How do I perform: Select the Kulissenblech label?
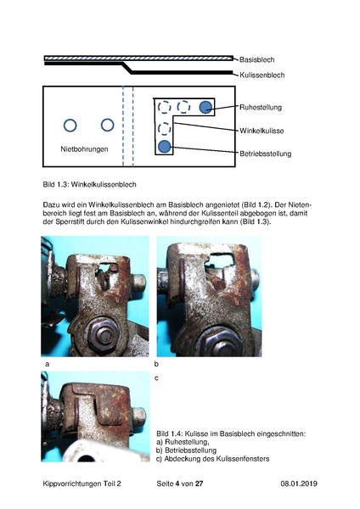262,75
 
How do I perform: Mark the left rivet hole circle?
70,126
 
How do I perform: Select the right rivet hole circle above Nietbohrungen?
107,126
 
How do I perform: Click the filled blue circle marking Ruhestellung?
205,107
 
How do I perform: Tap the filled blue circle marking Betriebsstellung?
164,147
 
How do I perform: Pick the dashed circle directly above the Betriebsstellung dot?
164,128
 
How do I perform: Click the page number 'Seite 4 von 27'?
180,482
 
